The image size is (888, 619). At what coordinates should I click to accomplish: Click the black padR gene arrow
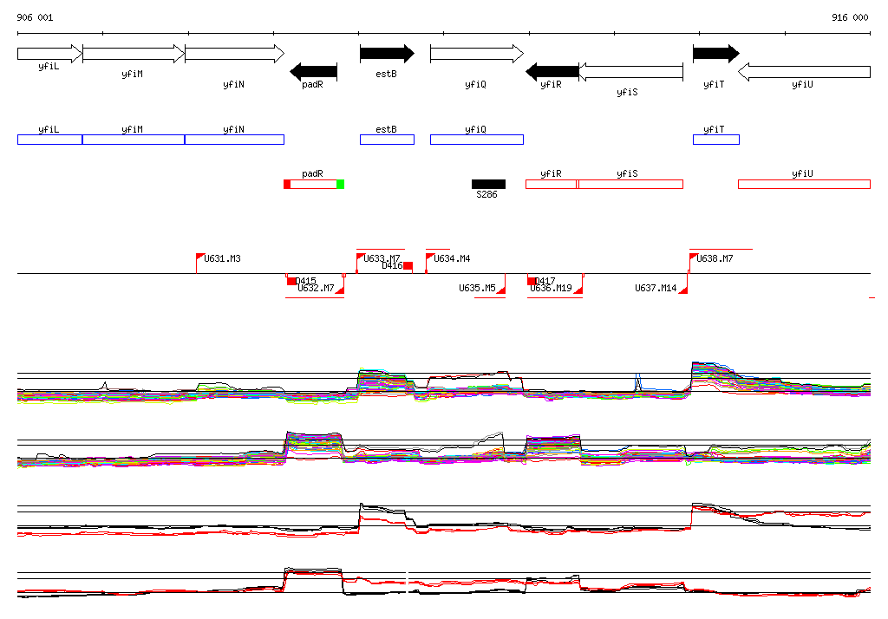(x=313, y=71)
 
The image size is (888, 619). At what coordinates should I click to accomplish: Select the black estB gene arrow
(x=387, y=54)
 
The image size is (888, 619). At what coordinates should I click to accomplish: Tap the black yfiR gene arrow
(x=552, y=71)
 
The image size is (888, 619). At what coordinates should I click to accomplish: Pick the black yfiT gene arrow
(x=715, y=54)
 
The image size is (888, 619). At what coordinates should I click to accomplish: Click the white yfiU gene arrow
(x=804, y=71)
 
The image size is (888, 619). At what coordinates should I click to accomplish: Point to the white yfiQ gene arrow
(x=476, y=54)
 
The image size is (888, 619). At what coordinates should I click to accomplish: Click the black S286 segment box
(x=488, y=184)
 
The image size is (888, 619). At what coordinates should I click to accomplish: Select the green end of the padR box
(x=341, y=184)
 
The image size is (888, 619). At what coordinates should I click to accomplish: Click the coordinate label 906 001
(x=35, y=17)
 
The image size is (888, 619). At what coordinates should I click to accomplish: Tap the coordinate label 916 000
(x=850, y=17)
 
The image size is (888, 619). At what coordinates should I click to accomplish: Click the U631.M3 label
(x=223, y=258)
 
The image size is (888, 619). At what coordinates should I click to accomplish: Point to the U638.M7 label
(x=715, y=258)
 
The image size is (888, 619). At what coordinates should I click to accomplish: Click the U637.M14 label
(x=656, y=288)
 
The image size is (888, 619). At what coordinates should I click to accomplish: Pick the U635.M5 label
(x=477, y=288)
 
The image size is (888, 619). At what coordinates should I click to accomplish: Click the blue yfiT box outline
(x=715, y=140)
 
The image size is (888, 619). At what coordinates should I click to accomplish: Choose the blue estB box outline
(x=387, y=140)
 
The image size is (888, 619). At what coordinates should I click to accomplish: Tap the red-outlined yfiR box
(x=552, y=184)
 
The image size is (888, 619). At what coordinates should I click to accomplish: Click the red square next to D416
(x=408, y=266)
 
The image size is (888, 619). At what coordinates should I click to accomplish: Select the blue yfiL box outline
(x=49, y=140)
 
